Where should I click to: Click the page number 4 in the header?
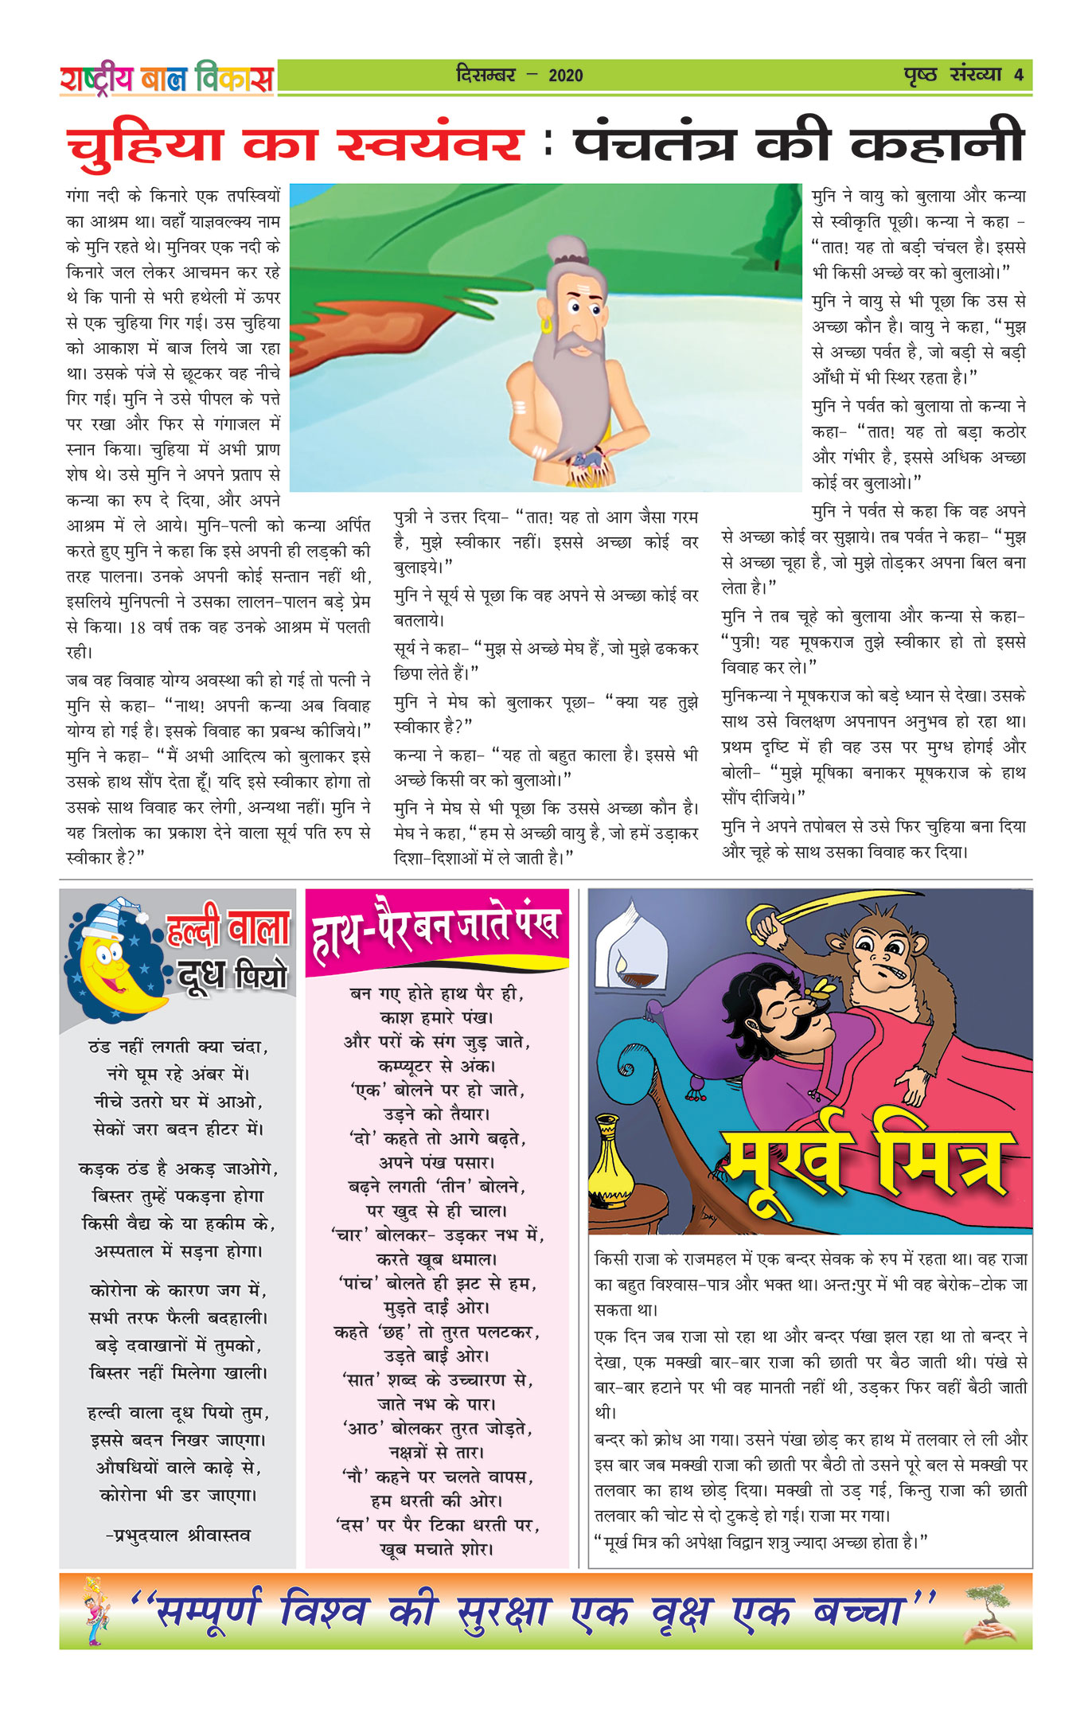pyautogui.click(x=1018, y=76)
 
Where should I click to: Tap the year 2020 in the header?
pyautogui.click(x=565, y=76)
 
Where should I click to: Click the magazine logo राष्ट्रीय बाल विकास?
pyautogui.click(x=166, y=79)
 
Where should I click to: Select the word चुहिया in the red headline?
pyautogui.click(x=145, y=145)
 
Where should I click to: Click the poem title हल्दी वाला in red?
pyautogui.click(x=228, y=929)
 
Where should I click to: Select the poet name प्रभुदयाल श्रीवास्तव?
pyautogui.click(x=178, y=1535)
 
